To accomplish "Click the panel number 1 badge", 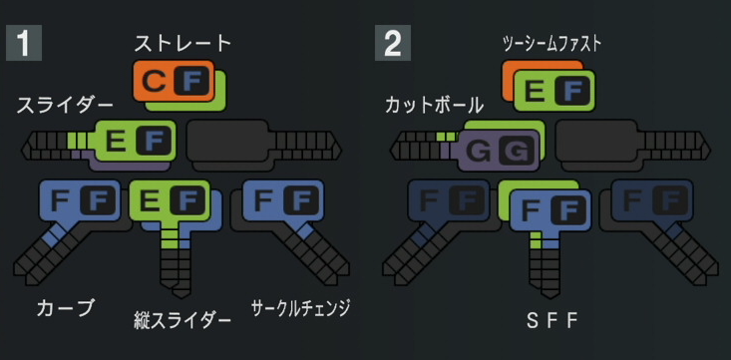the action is click(x=24, y=43).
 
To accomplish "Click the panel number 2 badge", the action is click(x=393, y=43).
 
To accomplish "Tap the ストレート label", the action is click(x=183, y=43).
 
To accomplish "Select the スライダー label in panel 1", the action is click(x=65, y=106).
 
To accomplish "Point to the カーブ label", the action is click(x=66, y=308).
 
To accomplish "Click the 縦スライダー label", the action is click(x=183, y=321).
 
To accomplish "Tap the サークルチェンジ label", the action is click(x=300, y=308).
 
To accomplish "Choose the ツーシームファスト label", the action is click(x=551, y=44).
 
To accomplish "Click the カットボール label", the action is click(x=434, y=106).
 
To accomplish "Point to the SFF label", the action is click(x=551, y=321).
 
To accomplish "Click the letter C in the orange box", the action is click(x=154, y=82).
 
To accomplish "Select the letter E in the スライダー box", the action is click(x=116, y=141).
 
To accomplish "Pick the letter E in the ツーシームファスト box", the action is click(x=535, y=91).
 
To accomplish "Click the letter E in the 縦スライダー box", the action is click(x=151, y=201).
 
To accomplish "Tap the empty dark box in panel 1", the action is click(x=227, y=140).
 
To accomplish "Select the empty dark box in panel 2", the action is click(x=596, y=140).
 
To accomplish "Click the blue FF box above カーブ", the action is click(x=80, y=200).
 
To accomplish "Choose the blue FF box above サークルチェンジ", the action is click(x=283, y=200).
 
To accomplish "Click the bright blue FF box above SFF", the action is click(x=550, y=210).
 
